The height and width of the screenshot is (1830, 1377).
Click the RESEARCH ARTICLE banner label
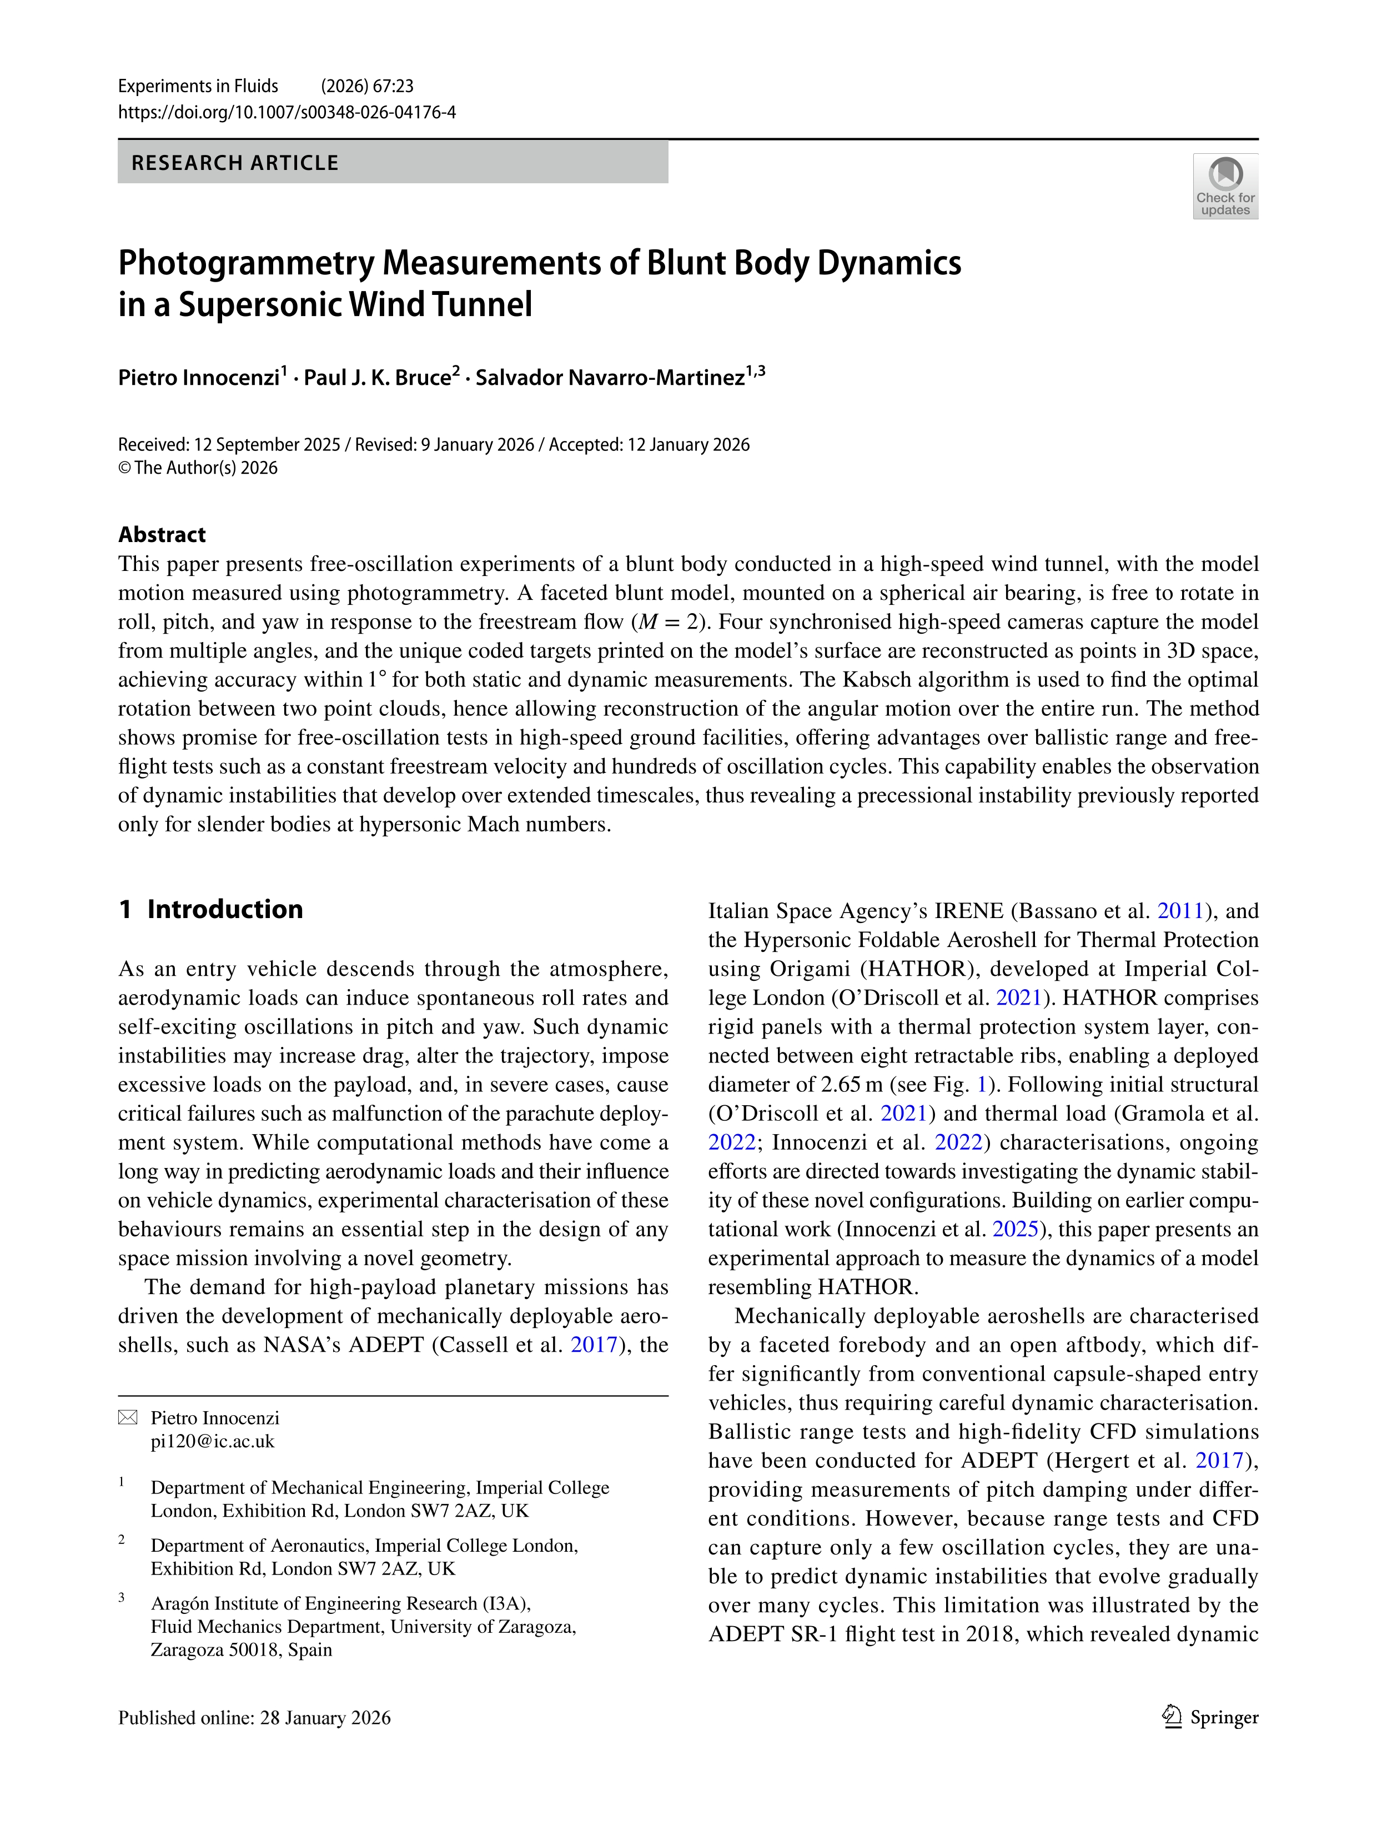pos(235,163)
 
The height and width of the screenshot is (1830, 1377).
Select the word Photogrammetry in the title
pos(245,263)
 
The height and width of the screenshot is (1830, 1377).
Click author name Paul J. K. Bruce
pos(376,378)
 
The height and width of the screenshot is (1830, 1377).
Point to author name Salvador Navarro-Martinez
pos(610,378)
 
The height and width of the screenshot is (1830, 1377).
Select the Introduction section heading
pos(224,909)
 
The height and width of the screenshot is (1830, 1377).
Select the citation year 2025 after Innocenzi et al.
pos(1015,1230)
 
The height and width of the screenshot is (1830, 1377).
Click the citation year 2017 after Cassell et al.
pos(593,1345)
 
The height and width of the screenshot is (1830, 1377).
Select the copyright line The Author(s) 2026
pos(198,468)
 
